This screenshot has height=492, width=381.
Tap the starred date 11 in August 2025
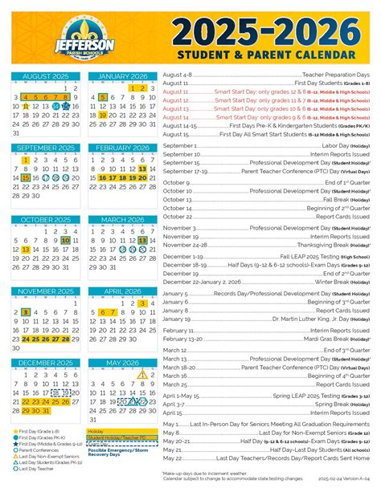[26, 105]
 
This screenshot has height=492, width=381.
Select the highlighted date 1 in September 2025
[26, 160]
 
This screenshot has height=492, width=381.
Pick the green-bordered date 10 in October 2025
[66, 240]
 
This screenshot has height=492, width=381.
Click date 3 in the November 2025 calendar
[26, 311]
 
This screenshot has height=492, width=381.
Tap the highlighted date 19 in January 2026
[103, 115]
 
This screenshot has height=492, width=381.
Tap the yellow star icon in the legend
[15, 431]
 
